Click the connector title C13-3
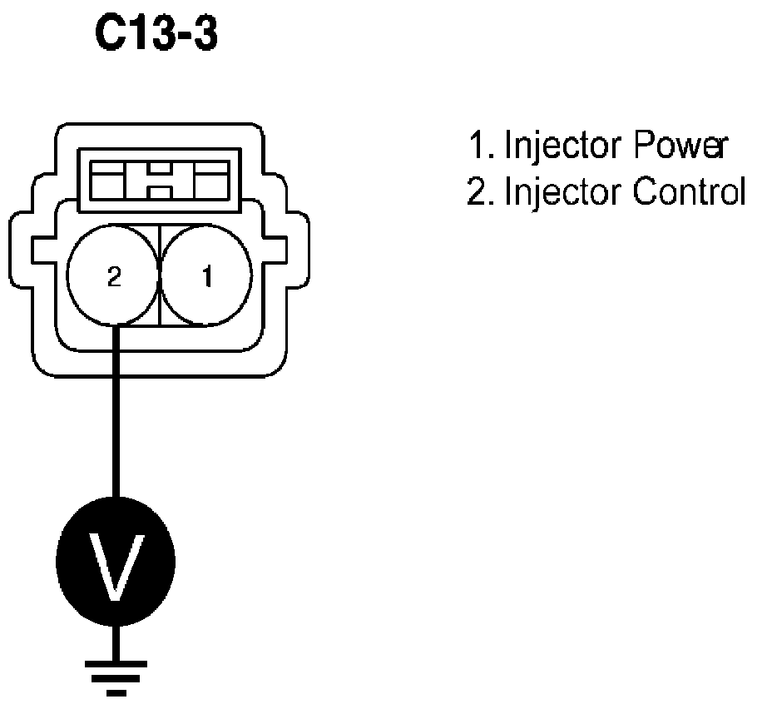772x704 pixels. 157,37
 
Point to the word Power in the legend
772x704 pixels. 680,146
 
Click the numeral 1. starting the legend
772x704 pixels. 482,146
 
